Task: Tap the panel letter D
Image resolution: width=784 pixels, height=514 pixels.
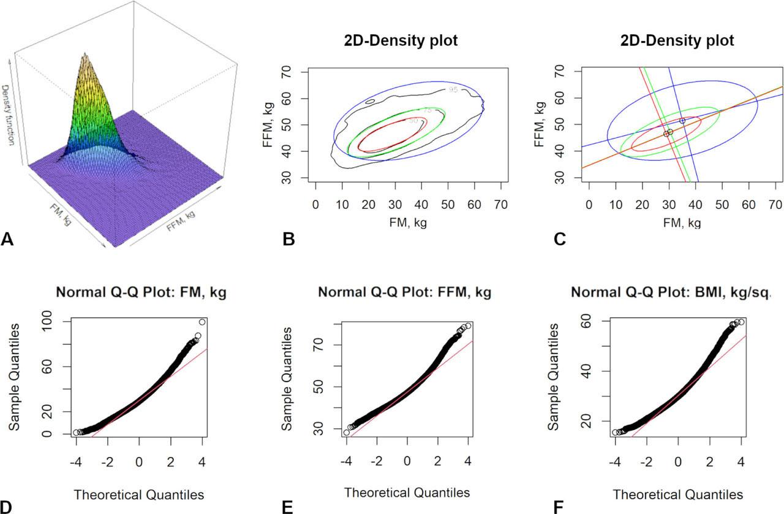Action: pos(7,506)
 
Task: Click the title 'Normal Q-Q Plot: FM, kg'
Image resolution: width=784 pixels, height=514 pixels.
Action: pos(141,293)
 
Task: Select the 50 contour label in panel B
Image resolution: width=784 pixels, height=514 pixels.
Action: pos(413,121)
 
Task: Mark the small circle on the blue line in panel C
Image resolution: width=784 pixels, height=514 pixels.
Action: pos(682,121)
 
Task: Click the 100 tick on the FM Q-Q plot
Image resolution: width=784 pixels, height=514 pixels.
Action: pos(53,322)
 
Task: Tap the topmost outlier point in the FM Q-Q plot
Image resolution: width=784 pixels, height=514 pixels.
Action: pos(202,322)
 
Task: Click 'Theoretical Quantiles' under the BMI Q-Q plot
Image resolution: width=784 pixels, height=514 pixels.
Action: pos(678,494)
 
